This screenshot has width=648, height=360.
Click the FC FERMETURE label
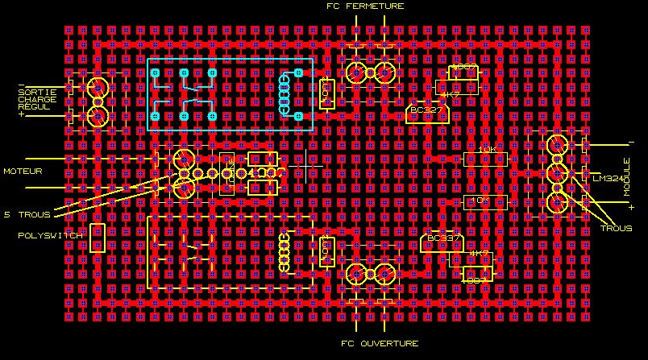pyautogui.click(x=364, y=6)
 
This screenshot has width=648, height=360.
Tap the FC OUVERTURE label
pyautogui.click(x=380, y=343)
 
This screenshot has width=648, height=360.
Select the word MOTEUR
pyautogui.click(x=23, y=172)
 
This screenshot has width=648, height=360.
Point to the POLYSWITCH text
pyautogui.click(x=49, y=235)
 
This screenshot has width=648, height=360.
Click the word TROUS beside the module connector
pyautogui.click(x=616, y=229)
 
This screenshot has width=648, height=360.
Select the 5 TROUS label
pyautogui.click(x=27, y=215)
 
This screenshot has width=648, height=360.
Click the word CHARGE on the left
pyautogui.click(x=37, y=99)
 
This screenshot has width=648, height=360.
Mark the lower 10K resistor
pyautogui.click(x=485, y=200)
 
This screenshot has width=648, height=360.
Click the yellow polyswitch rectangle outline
pyautogui.click(x=98, y=238)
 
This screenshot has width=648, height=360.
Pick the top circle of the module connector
pyautogui.click(x=557, y=146)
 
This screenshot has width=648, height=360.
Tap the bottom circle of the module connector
pyautogui.click(x=557, y=202)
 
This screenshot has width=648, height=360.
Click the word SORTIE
pyautogui.click(x=37, y=92)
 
